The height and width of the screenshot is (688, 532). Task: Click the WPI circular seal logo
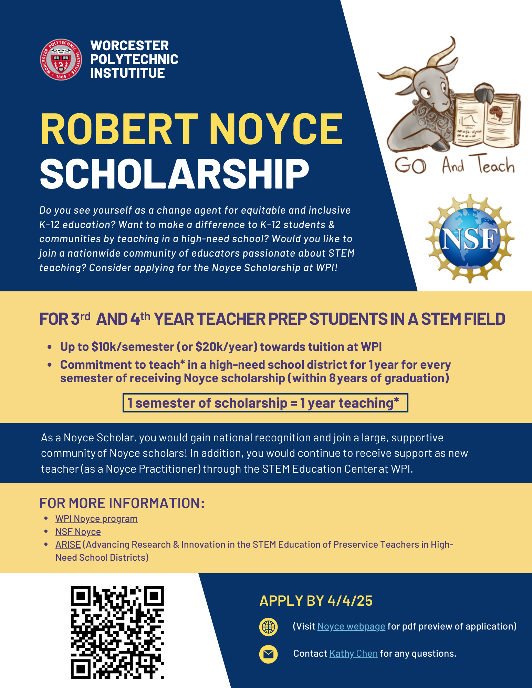(61, 60)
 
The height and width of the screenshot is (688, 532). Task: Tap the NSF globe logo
(470, 239)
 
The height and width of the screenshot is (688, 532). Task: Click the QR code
(117, 632)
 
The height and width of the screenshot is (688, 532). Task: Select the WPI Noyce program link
(96, 519)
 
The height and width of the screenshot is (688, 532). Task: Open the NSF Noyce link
(78, 532)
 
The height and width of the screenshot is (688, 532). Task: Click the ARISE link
(68, 545)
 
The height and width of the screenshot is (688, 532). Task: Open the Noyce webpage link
(351, 626)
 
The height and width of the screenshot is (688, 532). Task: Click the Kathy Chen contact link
(353, 654)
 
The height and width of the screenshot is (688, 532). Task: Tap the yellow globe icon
(268, 627)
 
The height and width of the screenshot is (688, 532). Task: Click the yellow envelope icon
(268, 654)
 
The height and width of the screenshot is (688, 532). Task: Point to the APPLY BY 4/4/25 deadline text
(316, 601)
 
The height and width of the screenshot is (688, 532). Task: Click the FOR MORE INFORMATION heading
(122, 503)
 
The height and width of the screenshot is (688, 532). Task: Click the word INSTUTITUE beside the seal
(127, 73)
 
